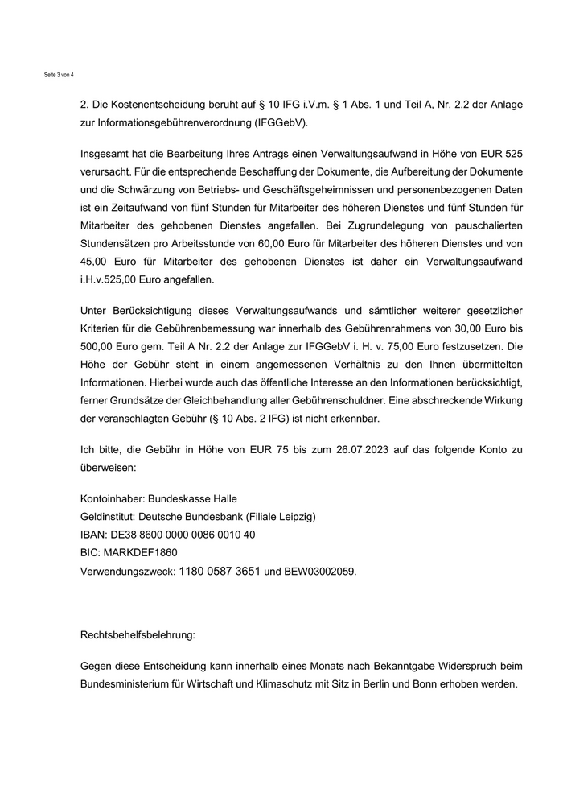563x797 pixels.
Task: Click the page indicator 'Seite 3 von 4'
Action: coord(59,75)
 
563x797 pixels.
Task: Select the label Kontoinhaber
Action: coord(107,499)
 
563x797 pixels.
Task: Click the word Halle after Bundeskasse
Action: coord(220,499)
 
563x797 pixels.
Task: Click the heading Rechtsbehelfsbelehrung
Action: coord(138,634)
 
